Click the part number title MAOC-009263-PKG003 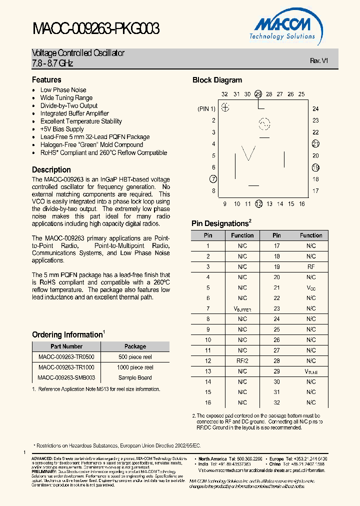[x=96, y=29]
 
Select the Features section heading [x=46, y=80]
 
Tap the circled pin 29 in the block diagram [x=258, y=94]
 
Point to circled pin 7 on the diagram [x=213, y=179]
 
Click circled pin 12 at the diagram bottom [x=258, y=203]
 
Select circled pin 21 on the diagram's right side [x=315, y=144]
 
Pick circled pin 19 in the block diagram [x=315, y=167]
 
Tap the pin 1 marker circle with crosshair [x=225, y=107]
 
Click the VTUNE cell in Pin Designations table [x=311, y=371]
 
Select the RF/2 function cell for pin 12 [x=242, y=361]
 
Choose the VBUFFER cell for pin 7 [x=242, y=309]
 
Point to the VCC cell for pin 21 [x=311, y=288]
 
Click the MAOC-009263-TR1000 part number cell [x=66, y=367]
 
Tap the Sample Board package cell [x=135, y=378]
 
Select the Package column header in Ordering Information [x=135, y=346]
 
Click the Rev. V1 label [x=318, y=60]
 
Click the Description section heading [x=51, y=170]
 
